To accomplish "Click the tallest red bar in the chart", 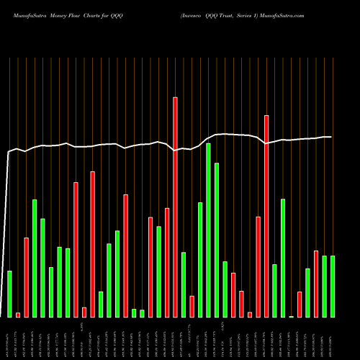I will (x=175, y=207).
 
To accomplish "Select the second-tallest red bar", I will (x=266, y=216).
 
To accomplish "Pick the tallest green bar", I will (x=208, y=230).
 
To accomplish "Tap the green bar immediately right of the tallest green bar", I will (x=217, y=240).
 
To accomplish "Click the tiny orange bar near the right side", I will (x=292, y=316).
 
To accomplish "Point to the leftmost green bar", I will (x=9, y=294).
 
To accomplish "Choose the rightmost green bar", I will (x=333, y=286).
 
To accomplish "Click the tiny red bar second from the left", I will (x=18, y=315).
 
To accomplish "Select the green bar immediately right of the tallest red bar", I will (x=184, y=284).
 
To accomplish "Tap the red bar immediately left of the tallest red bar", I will (x=167, y=262).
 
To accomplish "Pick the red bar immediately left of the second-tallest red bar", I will (x=258, y=266).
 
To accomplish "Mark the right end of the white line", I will (x=331, y=137).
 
